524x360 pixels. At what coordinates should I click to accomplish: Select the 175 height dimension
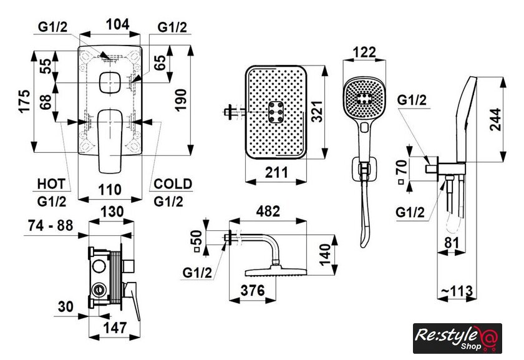point(24,100)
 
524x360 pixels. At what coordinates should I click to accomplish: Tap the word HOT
point(52,184)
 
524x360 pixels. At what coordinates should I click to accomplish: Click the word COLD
point(173,184)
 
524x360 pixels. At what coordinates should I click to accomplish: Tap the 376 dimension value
point(254,290)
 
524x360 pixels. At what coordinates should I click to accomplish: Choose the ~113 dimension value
point(455,291)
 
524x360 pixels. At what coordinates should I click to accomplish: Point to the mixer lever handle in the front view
point(110,139)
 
